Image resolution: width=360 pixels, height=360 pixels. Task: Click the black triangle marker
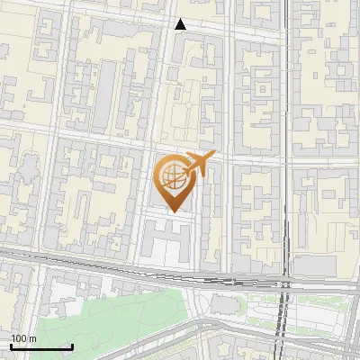coord(181,24)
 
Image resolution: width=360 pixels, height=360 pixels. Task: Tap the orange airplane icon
coord(201,165)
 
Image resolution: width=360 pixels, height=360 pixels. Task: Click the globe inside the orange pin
coord(171,174)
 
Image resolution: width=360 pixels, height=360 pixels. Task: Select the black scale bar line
coord(41,347)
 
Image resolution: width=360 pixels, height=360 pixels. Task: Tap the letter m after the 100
coord(32,338)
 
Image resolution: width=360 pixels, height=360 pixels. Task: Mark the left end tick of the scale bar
coord(11,346)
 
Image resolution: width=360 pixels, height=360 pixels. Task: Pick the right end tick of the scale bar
coord(72,346)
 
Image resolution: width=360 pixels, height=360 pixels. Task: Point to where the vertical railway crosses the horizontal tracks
coord(285,284)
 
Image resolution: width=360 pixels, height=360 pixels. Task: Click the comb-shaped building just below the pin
coord(166,238)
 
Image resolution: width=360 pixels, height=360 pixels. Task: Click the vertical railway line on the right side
coord(284,135)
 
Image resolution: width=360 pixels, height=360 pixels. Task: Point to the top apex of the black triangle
coord(181,19)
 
